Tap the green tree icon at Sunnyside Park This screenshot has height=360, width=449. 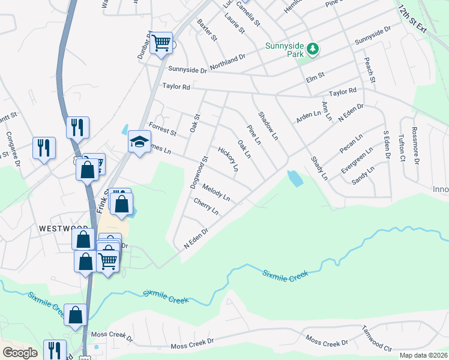(x=312, y=49)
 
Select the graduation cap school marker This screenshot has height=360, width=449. (x=139, y=142)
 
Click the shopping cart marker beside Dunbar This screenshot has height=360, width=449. (x=161, y=43)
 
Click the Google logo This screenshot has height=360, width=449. (x=20, y=353)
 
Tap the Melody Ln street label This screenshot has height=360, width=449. (x=216, y=192)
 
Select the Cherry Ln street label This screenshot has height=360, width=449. (x=206, y=207)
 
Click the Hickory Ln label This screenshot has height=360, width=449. (x=229, y=159)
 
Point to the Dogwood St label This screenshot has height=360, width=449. (x=199, y=173)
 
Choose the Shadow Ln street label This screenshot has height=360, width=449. (x=268, y=126)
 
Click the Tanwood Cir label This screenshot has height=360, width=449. (x=377, y=338)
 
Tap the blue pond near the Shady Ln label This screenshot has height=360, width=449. (x=295, y=178)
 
